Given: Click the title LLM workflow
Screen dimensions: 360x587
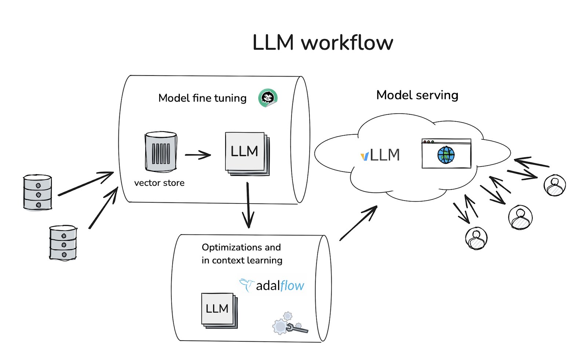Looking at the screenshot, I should coord(322,43).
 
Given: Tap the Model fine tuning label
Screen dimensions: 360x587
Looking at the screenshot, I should coord(202,98).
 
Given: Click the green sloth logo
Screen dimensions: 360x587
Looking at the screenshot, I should coord(268,98).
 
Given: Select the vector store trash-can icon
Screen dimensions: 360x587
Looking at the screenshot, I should coord(161,152).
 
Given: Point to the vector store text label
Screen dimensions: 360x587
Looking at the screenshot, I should coord(159,183).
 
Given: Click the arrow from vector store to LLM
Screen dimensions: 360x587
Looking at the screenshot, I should coord(198,155).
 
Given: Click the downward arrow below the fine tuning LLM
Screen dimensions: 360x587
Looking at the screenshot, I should coord(248,205).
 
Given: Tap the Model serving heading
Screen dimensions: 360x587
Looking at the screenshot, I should coord(417,95).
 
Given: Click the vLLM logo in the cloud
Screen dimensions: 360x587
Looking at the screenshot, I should coord(380,155).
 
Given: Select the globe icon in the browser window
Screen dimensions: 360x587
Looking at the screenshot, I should coord(446,155).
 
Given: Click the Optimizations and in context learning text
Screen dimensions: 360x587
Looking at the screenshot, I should coord(242,254).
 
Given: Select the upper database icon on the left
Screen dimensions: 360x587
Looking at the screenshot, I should coord(37,192).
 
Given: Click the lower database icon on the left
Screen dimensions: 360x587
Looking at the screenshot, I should coord(63,243).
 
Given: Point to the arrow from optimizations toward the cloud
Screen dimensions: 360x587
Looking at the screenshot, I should coord(358,223).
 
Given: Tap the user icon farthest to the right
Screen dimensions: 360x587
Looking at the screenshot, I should coord(554,185).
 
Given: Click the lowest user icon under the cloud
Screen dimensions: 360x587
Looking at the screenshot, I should coord(476,238).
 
